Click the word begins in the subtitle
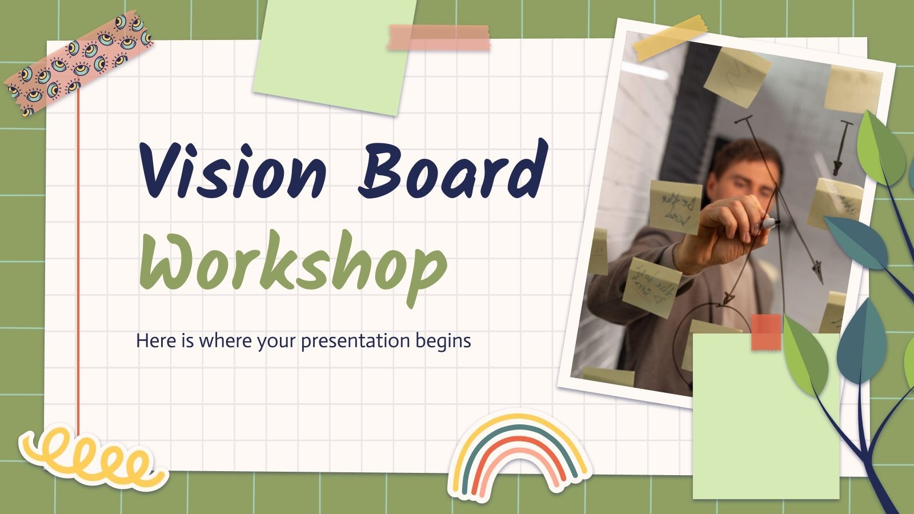[445, 342]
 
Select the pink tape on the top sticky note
[439, 38]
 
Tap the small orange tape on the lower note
[766, 331]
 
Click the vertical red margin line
[78, 257]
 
